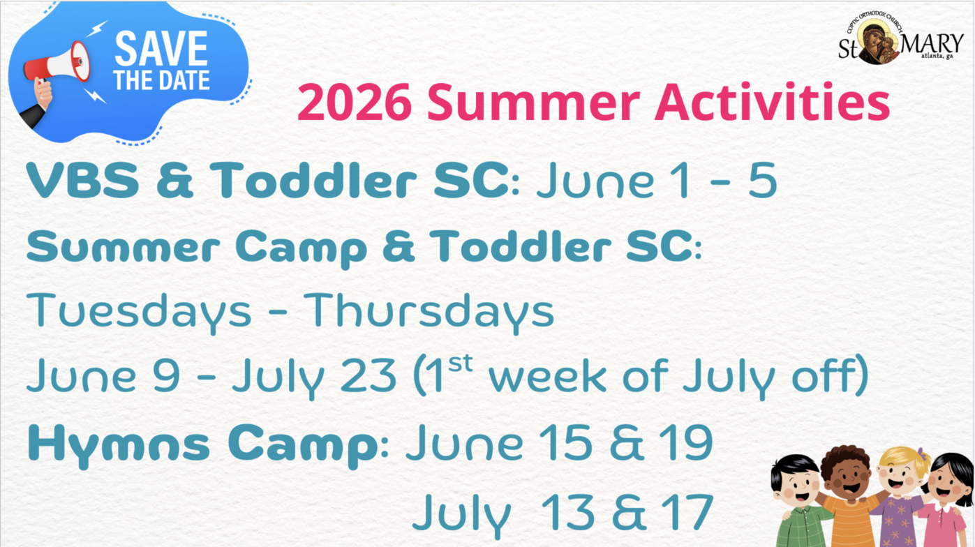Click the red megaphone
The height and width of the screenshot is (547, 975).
(x=57, y=63)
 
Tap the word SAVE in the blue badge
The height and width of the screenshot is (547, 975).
(x=161, y=48)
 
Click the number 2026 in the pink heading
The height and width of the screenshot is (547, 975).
(x=355, y=103)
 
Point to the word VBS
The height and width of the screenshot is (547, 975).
(x=83, y=180)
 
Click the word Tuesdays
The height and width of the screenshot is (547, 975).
(x=139, y=312)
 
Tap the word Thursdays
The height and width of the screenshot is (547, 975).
(x=429, y=310)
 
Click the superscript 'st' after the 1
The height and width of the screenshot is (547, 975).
(x=460, y=363)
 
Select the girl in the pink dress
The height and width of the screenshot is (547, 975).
(x=944, y=500)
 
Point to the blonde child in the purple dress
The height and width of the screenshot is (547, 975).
(x=899, y=497)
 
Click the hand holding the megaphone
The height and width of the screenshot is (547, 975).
(x=43, y=93)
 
